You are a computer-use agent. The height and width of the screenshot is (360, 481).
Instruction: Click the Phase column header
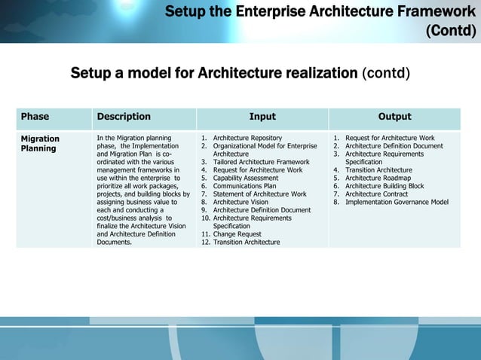tap(35, 117)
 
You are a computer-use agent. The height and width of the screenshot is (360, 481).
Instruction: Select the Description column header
tap(124, 117)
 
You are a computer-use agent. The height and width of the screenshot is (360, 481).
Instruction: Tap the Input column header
tap(262, 117)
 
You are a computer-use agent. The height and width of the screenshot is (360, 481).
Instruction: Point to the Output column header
tap(394, 117)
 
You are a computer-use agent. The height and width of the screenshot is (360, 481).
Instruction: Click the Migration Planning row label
tap(40, 144)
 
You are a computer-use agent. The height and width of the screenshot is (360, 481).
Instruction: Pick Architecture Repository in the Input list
tap(247, 139)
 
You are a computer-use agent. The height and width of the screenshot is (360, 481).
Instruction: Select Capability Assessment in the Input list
tap(246, 178)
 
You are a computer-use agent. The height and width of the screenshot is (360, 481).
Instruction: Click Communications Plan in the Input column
tap(244, 186)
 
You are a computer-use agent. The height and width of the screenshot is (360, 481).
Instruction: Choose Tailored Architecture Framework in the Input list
tap(261, 162)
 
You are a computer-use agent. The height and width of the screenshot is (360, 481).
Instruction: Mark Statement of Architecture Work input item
tap(259, 194)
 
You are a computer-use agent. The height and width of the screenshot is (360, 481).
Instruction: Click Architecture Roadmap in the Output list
tap(378, 178)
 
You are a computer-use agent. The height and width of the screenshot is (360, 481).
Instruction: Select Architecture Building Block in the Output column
tap(384, 186)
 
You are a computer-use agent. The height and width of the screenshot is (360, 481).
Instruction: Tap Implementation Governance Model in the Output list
tap(397, 202)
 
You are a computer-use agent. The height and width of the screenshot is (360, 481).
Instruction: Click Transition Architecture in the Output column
tap(378, 170)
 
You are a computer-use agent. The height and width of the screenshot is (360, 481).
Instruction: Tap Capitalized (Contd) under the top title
tap(451, 31)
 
